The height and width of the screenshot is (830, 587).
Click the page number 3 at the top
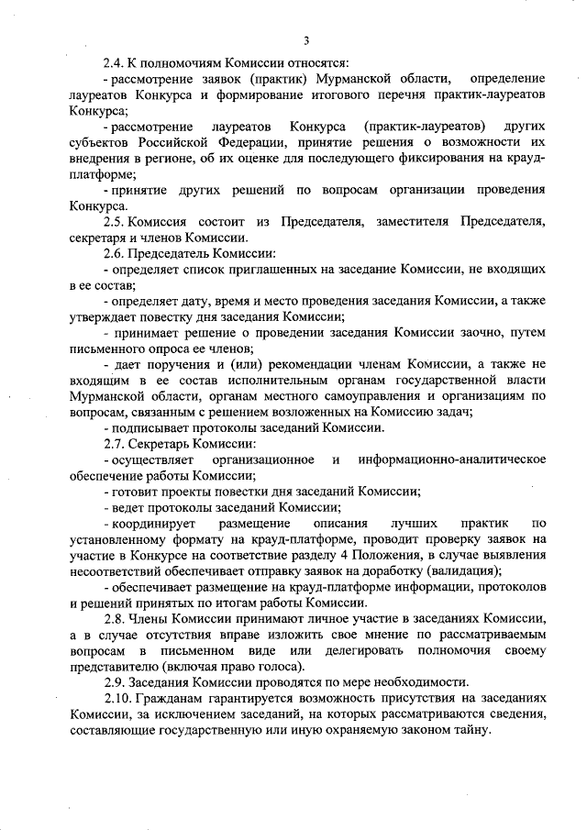(x=308, y=39)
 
